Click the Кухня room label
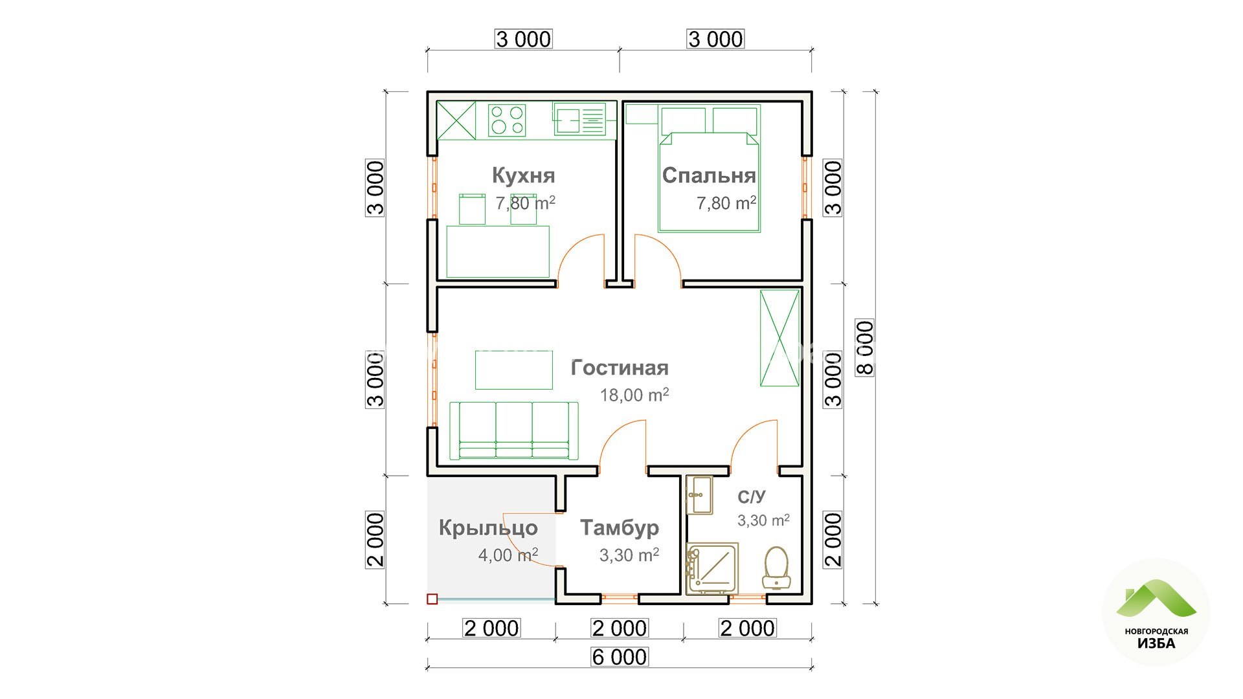(x=523, y=175)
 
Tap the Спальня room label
(x=709, y=175)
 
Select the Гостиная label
(x=620, y=368)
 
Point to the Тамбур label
(x=620, y=527)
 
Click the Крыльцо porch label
(x=488, y=527)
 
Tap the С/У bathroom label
(x=751, y=497)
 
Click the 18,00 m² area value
(x=634, y=395)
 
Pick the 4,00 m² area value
(x=508, y=555)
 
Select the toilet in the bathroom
(x=776, y=568)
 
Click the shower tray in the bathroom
(x=712, y=568)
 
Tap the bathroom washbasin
(x=699, y=495)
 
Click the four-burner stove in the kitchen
(x=507, y=120)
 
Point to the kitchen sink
(x=579, y=119)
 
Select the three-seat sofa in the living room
(x=514, y=430)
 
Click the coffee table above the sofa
(x=514, y=370)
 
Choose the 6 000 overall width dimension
(x=620, y=657)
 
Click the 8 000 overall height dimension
(x=865, y=348)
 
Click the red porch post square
(x=432, y=599)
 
